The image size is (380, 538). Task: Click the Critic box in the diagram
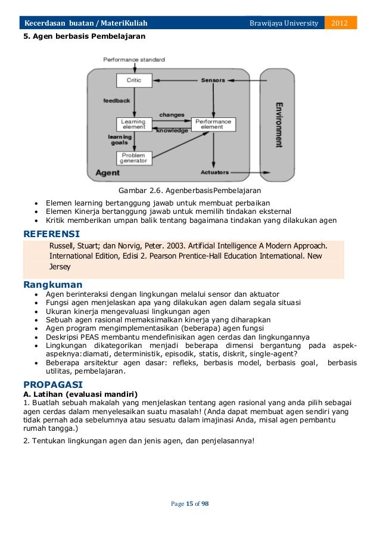click(x=135, y=80)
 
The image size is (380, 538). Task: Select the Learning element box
click(x=133, y=125)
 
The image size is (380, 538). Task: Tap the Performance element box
click(x=212, y=125)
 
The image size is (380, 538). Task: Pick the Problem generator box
click(x=133, y=157)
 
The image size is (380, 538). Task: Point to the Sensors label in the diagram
click(x=213, y=80)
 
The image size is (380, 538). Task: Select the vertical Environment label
click(x=278, y=125)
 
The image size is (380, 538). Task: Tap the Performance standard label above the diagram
click(x=134, y=60)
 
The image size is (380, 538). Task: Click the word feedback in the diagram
click(x=117, y=101)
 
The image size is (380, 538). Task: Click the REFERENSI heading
click(x=51, y=233)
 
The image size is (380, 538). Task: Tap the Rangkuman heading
click(x=52, y=285)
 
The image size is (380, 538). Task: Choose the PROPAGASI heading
click(x=52, y=384)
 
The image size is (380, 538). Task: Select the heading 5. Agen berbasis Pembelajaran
click(x=84, y=36)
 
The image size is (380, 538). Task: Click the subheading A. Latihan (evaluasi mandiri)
click(x=80, y=394)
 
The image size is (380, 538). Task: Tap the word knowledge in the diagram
click(x=172, y=130)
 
